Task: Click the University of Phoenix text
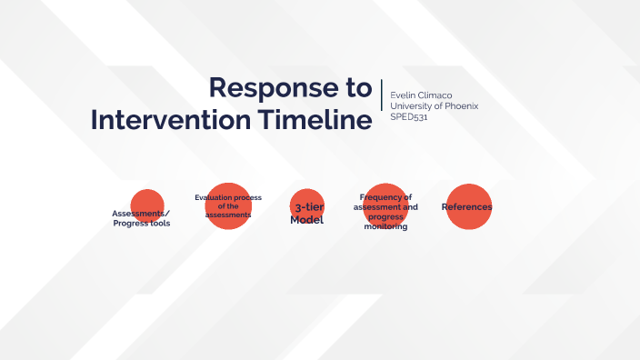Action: point(434,105)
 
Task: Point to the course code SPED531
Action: point(408,116)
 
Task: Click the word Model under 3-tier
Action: point(306,220)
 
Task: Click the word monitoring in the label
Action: point(385,226)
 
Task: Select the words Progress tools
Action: point(141,223)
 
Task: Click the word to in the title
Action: point(359,87)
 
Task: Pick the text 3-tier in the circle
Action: point(307,208)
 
